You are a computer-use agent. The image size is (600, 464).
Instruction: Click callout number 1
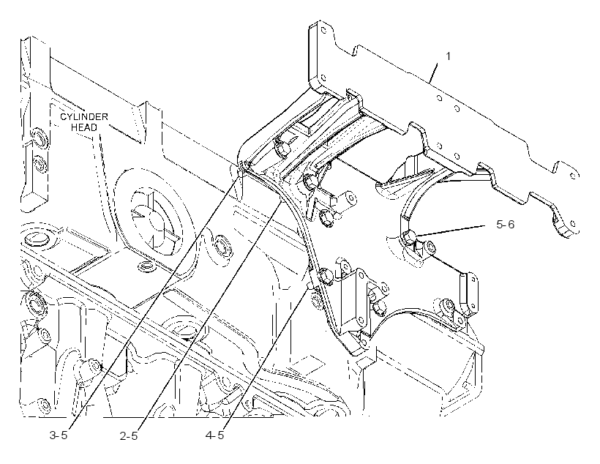tap(448, 56)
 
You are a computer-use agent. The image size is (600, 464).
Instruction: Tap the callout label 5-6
tap(505, 225)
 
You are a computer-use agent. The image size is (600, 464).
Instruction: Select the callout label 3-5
tap(59, 435)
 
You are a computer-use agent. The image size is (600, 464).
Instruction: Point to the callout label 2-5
tap(129, 435)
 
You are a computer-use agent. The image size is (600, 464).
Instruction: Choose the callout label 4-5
tap(214, 435)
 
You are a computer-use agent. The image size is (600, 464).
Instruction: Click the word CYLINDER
tap(84, 116)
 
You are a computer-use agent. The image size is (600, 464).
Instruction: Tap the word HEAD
tap(84, 127)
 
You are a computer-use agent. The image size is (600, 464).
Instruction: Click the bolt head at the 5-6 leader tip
tap(410, 236)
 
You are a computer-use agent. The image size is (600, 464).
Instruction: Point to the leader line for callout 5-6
tap(454, 231)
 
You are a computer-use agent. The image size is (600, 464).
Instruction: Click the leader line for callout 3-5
tap(157, 299)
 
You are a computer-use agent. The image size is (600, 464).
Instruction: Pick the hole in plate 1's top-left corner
tap(323, 29)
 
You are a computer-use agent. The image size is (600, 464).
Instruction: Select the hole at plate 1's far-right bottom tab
tap(573, 223)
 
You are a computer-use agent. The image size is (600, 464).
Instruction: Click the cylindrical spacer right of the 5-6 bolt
tap(430, 247)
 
